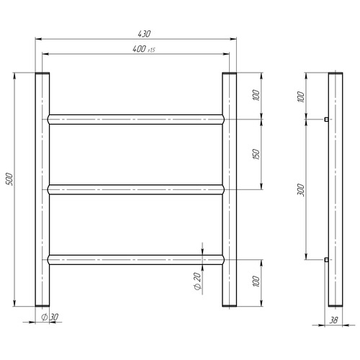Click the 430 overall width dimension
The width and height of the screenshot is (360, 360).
(x=144, y=34)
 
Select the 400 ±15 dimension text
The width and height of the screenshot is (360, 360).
(x=144, y=49)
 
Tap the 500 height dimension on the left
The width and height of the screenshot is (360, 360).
(x=10, y=179)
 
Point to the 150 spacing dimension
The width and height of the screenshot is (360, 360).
(x=256, y=155)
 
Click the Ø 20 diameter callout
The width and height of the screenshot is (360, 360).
(x=197, y=282)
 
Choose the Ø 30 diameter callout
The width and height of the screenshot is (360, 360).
(x=50, y=317)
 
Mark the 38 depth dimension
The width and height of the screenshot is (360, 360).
(x=333, y=320)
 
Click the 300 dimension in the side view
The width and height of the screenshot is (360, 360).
(x=301, y=190)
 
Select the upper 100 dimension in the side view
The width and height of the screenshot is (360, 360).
(x=301, y=96)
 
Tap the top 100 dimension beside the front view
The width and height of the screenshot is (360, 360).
(x=256, y=95)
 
